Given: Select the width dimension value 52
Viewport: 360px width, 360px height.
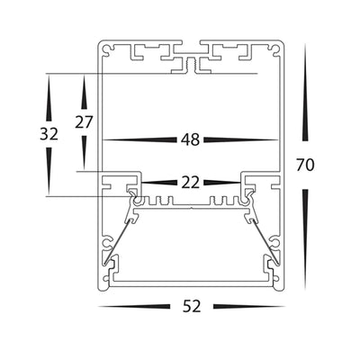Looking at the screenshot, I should coord(191,307).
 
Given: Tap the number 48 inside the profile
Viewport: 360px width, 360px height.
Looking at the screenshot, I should coord(190,140).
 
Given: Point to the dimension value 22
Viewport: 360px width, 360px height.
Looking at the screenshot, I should coord(190,182).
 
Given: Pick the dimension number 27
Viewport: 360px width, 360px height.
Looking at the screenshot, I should coord(85,121).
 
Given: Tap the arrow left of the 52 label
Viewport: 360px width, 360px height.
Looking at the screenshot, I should coord(135,307).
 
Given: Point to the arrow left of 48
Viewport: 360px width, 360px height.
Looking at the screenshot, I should coord(139,140).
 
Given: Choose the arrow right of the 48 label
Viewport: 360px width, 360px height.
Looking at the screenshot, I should coord(241,140).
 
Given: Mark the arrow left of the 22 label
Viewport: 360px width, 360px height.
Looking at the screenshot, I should coord(157,182).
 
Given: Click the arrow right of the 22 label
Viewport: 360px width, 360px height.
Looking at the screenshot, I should coord(222,182).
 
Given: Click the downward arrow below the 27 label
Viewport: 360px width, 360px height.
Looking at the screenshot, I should coord(85,153).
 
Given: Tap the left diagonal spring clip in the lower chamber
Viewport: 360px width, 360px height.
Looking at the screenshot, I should coord(123,230).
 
